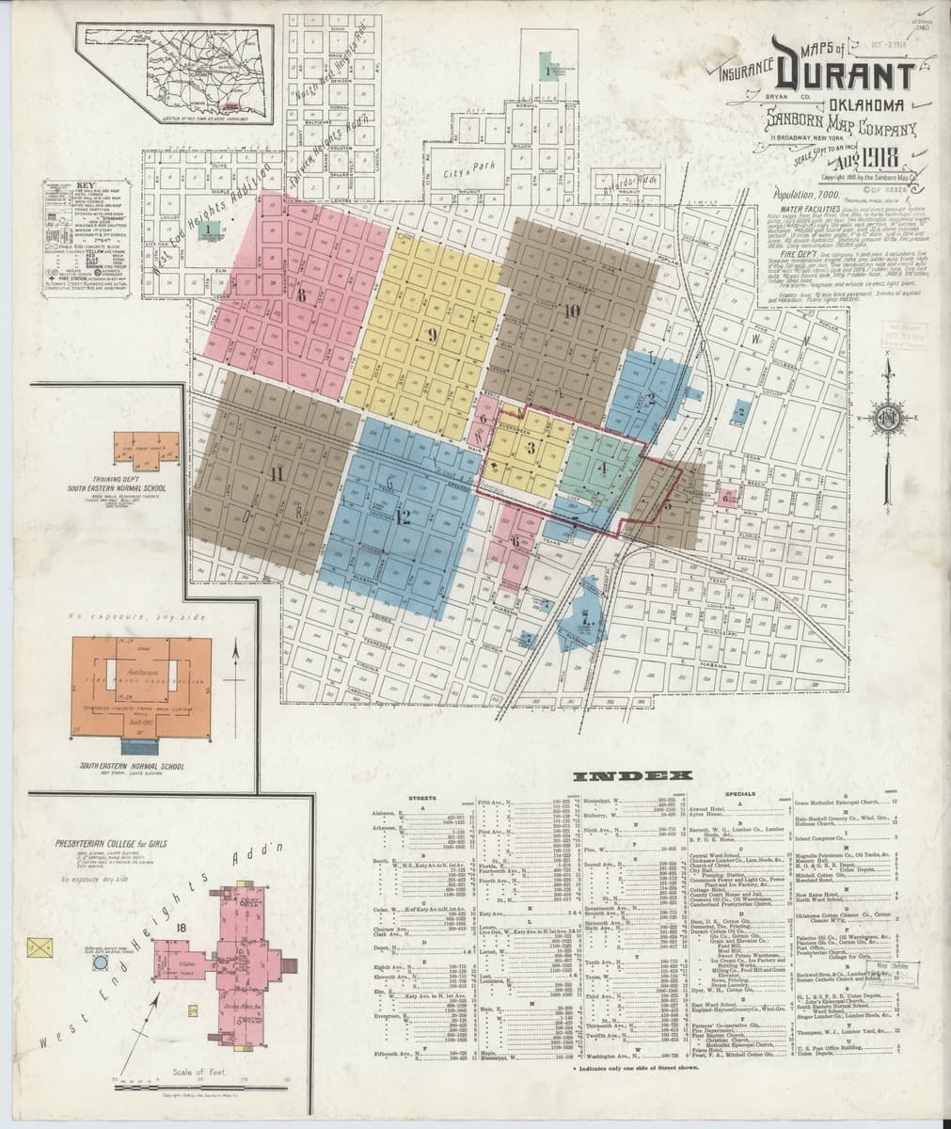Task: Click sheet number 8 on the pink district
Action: pyautogui.click(x=302, y=294)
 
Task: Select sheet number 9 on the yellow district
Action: pyautogui.click(x=432, y=334)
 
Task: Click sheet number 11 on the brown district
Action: pyautogui.click(x=276, y=474)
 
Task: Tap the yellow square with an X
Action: pyautogui.click(x=40, y=946)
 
